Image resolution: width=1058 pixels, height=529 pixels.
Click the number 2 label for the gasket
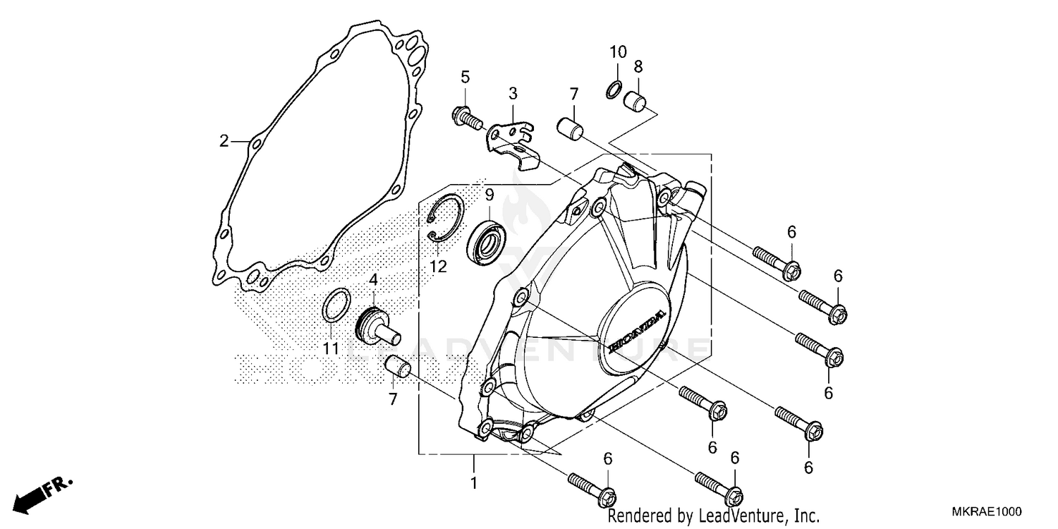coord(224,141)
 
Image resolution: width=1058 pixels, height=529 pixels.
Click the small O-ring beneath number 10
coord(614,90)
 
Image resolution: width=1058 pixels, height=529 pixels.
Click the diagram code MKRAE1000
coord(988,512)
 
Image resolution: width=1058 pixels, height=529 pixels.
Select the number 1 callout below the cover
coord(474,483)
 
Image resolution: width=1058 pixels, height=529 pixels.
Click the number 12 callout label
coord(438,266)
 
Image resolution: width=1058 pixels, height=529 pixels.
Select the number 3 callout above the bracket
coord(513,93)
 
